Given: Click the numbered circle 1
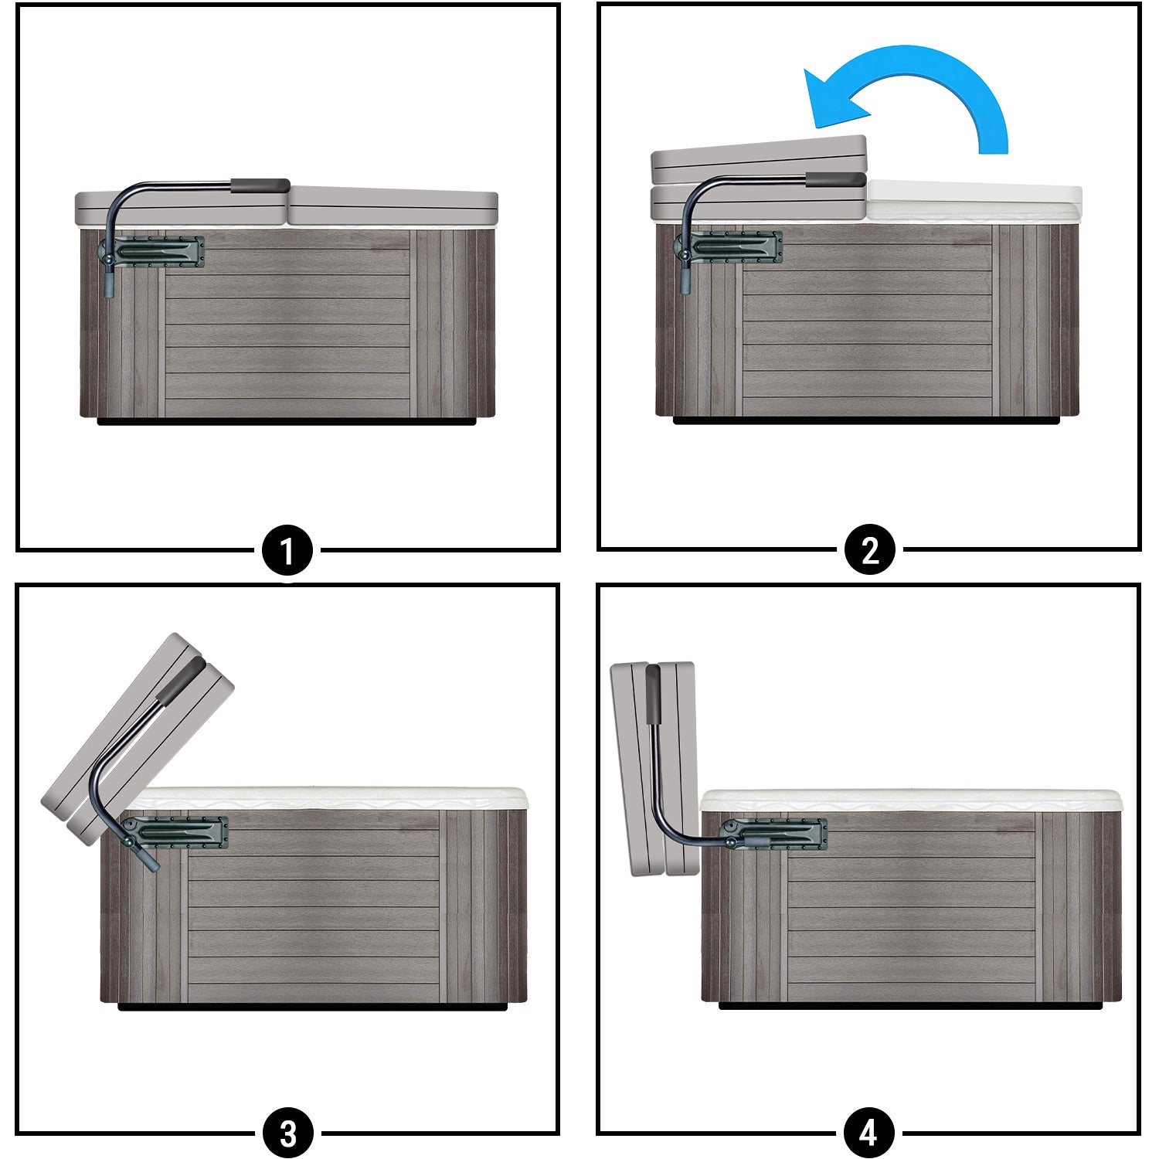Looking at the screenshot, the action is tap(287, 551).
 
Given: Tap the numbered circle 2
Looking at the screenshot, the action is tap(870, 551).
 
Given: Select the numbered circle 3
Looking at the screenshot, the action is tap(287, 1134).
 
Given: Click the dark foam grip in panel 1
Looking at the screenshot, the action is tap(260, 185).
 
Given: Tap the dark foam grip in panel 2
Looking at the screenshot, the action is tap(836, 179).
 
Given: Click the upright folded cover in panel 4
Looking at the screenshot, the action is tap(654, 769).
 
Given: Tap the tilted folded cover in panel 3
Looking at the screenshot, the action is tap(138, 738).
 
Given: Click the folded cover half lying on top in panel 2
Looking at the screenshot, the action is tap(760, 161).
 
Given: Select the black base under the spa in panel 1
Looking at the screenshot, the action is tap(286, 422).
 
